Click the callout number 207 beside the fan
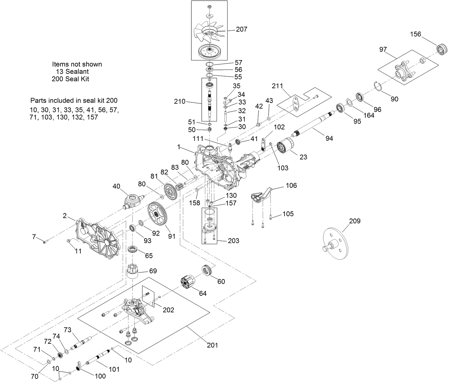(242, 29)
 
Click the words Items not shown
(77, 64)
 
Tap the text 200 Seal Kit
(70, 79)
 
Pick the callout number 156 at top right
(416, 34)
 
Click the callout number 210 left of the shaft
(180, 101)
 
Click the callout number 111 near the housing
(197, 138)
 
